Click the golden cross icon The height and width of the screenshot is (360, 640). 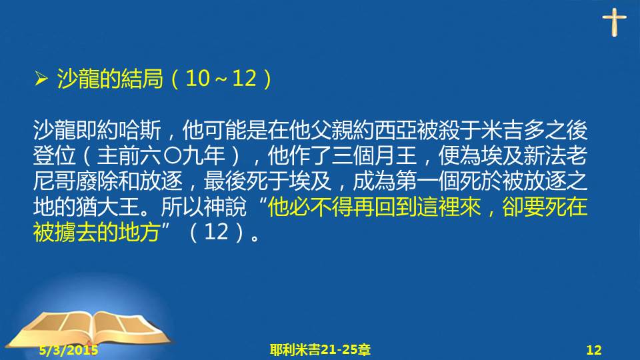tap(614, 22)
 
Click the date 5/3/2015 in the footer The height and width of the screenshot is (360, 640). tap(69, 350)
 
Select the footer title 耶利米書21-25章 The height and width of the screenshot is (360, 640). tap(320, 350)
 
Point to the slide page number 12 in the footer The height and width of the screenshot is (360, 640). tap(594, 350)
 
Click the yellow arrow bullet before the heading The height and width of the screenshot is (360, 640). tap(41, 79)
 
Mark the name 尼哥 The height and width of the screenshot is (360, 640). tap(54, 181)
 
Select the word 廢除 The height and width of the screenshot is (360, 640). tap(97, 181)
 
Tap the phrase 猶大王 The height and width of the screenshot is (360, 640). tap(108, 207)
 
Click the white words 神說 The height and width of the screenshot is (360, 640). tap(225, 207)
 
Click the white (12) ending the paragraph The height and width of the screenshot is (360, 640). tap(215, 232)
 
